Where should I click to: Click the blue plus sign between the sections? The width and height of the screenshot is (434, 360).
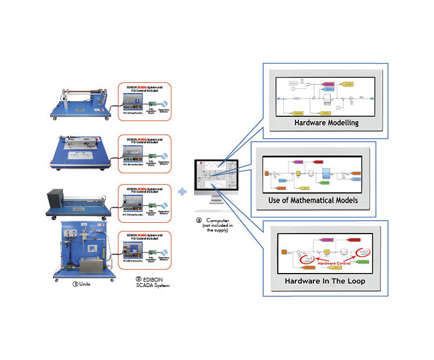(x=182, y=191)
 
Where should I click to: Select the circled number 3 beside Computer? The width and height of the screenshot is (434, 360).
(x=199, y=219)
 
